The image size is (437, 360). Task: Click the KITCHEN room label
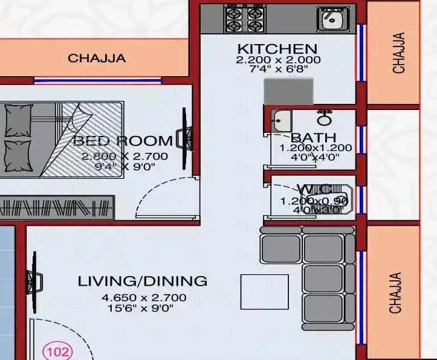click(x=277, y=49)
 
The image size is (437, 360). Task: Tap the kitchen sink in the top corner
click(x=329, y=18)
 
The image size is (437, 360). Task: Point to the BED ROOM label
click(x=123, y=141)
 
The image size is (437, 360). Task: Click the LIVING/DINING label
click(x=142, y=281)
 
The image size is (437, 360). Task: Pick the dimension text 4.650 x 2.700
click(x=144, y=297)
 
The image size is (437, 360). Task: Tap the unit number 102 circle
click(x=56, y=351)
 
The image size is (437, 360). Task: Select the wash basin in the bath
click(x=280, y=120)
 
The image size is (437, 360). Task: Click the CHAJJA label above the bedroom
click(x=97, y=59)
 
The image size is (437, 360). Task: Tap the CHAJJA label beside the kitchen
click(x=398, y=53)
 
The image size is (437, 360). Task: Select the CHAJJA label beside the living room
click(x=395, y=293)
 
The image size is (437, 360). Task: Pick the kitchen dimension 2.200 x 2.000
click(x=277, y=60)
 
